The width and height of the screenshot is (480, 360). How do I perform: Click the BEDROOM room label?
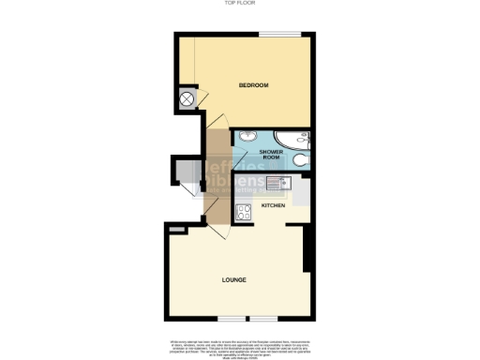(x=253, y=85)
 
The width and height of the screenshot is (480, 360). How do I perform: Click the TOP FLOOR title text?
(x=238, y=4)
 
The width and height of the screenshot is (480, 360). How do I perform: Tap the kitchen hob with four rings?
(x=242, y=212)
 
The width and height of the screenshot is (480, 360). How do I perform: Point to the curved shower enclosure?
(x=295, y=142)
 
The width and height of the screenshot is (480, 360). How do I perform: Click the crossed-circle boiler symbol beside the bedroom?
(x=187, y=97)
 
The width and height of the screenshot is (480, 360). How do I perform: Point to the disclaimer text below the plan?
(x=240, y=345)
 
